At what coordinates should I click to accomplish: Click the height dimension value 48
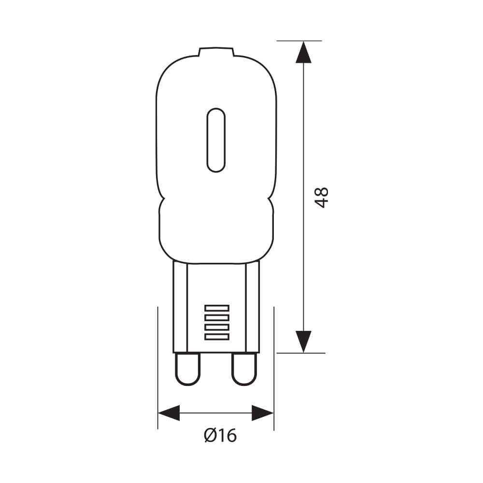point(322,197)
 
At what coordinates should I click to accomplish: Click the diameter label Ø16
point(220,436)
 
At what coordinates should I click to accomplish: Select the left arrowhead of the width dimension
point(169,413)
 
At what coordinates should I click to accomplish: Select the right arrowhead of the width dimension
point(263,413)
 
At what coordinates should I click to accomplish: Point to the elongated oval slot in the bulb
point(216,140)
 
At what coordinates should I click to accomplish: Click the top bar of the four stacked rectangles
point(216,308)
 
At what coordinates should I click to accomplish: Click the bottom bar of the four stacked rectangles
point(216,336)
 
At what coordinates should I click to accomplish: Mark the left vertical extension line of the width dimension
point(158,367)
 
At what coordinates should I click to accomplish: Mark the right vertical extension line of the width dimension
point(274,367)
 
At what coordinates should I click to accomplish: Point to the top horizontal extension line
point(299,41)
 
